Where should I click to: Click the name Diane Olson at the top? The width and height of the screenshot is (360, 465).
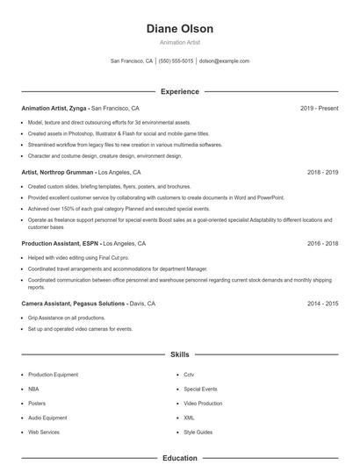pos(180,28)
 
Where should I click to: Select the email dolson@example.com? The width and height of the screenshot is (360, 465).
pos(224,61)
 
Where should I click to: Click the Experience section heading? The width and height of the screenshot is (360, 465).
pos(180,91)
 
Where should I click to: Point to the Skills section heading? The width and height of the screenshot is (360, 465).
pos(180,354)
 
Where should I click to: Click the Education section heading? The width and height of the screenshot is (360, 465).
pos(180,458)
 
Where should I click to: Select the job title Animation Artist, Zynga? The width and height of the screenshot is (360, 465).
pos(54,108)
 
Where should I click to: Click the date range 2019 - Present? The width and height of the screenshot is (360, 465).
pos(319,108)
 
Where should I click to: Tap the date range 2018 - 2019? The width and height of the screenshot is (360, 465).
pos(322,173)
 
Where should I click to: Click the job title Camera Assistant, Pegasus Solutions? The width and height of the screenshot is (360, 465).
pos(74,303)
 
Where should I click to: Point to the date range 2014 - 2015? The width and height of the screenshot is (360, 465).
pos(322,303)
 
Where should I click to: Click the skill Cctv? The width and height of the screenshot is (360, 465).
pos(190,375)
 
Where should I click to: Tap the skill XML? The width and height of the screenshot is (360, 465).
pos(190,419)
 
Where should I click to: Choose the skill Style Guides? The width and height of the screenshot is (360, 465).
pos(198,432)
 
